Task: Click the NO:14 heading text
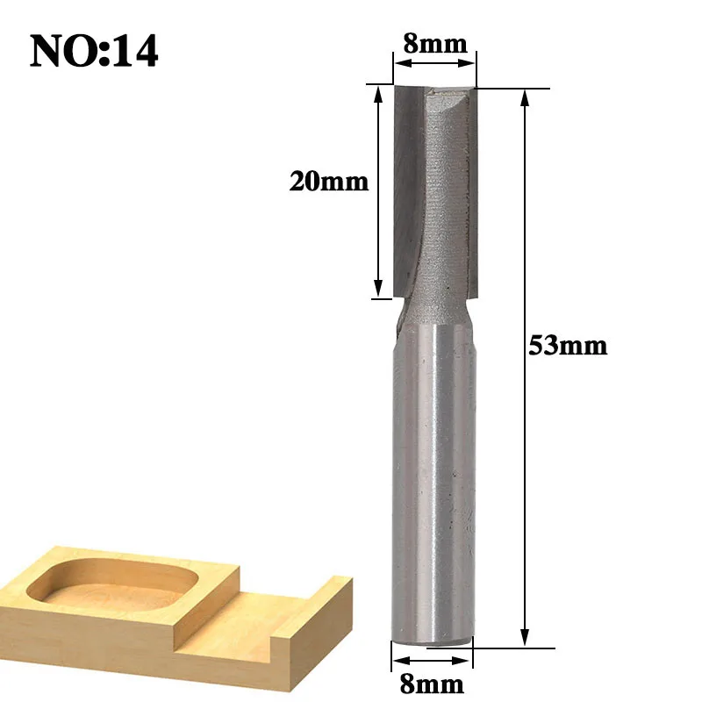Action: (x=94, y=51)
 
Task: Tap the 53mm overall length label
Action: (x=568, y=346)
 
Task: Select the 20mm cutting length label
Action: (x=328, y=182)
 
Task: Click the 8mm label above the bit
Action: (x=435, y=43)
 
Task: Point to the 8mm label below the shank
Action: (x=432, y=684)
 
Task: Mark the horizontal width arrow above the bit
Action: (x=434, y=63)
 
